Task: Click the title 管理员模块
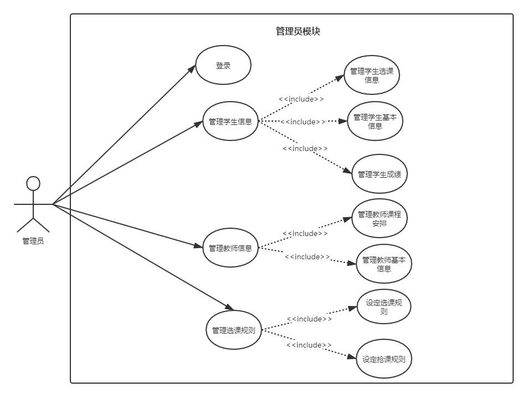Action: point(298,32)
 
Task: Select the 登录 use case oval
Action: point(223,65)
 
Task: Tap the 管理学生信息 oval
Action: point(231,122)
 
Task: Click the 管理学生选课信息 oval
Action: point(372,75)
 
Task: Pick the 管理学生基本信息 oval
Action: point(375,121)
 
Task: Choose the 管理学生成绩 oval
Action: point(380,174)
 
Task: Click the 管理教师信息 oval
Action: point(231,248)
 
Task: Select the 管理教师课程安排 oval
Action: point(380,218)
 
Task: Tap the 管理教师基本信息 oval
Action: point(383,264)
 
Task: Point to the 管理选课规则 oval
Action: point(233,330)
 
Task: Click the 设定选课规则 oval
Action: point(383,307)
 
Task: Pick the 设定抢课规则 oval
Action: point(383,359)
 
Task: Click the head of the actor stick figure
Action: point(33,183)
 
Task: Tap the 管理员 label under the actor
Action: point(33,241)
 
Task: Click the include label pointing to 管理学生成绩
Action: point(305,148)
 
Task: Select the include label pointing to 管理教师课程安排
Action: point(305,234)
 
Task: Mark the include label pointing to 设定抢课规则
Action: point(309,345)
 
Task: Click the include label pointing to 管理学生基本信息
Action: point(303,122)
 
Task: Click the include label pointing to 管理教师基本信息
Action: point(307,257)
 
